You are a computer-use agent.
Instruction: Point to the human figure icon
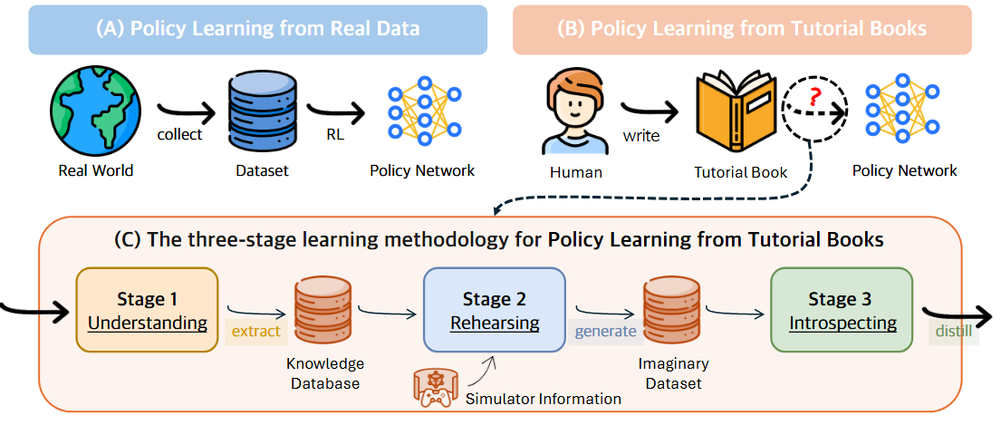coord(576,113)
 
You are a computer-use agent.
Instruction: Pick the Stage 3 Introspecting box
coord(842,310)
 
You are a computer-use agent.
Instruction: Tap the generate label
coord(605,331)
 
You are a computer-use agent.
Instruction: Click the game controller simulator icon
coord(436,386)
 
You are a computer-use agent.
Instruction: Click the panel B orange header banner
coord(741,29)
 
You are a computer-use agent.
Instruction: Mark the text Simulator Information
coord(544,399)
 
